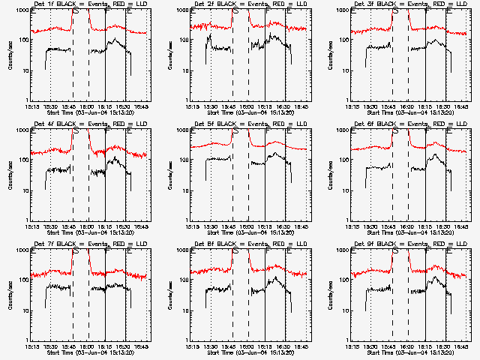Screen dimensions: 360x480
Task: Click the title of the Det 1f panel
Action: tap(89, 4)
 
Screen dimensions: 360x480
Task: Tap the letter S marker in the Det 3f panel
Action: tap(394, 10)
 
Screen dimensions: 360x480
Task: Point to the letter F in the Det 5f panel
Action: tap(268, 130)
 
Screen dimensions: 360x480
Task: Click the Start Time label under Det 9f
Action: tap(409, 352)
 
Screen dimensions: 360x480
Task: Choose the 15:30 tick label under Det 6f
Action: tap(371, 226)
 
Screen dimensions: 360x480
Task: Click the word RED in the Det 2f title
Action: tap(282, 4)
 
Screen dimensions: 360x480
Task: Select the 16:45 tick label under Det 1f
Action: tap(142, 106)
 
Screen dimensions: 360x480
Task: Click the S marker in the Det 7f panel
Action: tap(74, 250)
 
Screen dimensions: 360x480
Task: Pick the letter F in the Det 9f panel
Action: tap(427, 250)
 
